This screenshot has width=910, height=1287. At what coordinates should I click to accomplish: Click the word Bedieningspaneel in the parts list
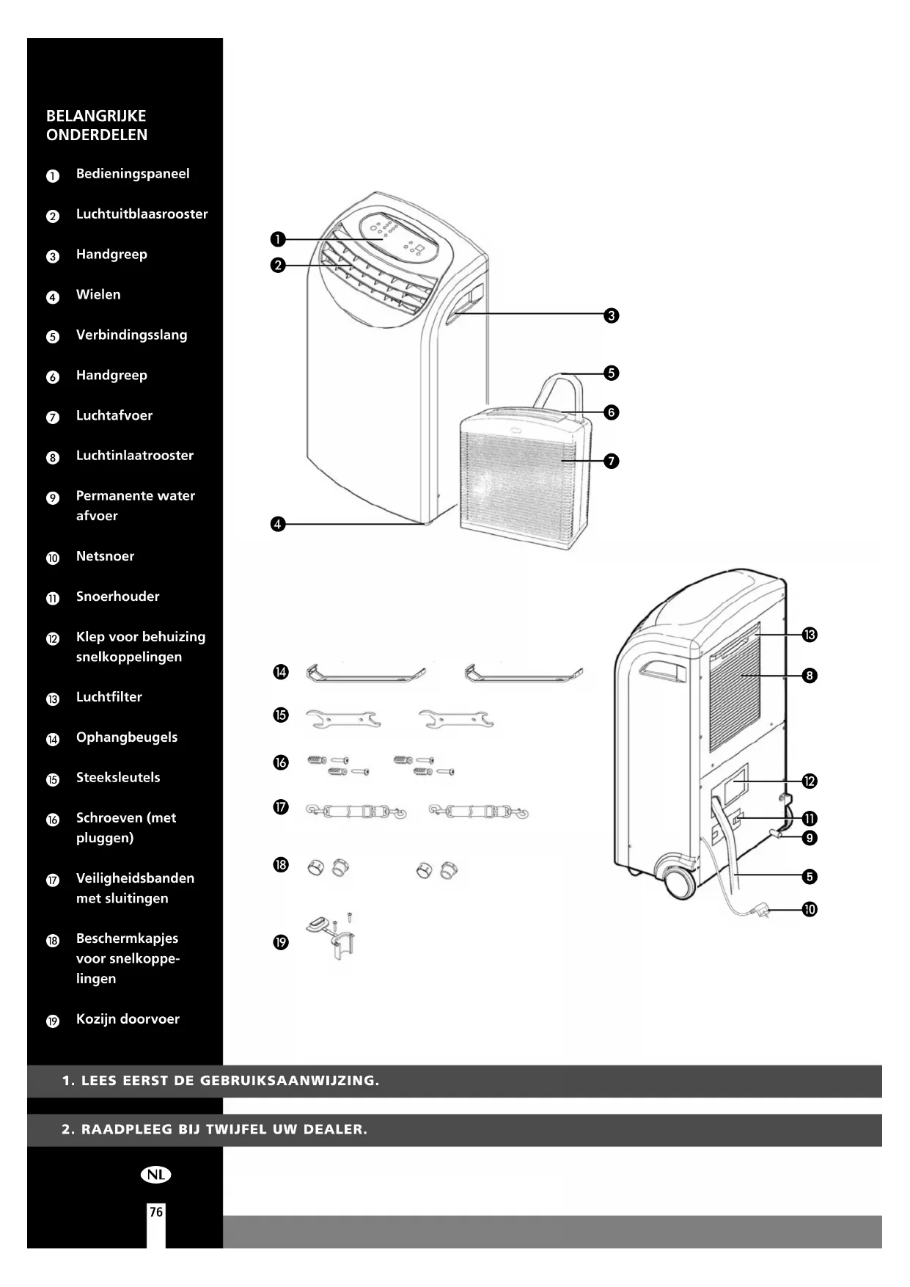(132, 174)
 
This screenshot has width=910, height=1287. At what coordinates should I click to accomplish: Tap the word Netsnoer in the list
(105, 556)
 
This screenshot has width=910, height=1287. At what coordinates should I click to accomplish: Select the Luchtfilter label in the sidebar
(109, 697)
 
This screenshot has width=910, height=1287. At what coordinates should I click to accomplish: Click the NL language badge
(155, 1175)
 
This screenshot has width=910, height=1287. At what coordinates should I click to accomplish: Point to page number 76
(156, 1211)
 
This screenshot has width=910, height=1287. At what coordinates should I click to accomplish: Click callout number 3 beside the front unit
(612, 316)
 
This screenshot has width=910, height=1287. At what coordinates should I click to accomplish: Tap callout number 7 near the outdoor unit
(612, 461)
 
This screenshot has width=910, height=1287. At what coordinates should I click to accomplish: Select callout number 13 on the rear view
(810, 635)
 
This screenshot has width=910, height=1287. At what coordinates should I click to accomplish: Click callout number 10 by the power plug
(810, 910)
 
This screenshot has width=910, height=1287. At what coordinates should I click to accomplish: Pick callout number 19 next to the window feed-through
(281, 942)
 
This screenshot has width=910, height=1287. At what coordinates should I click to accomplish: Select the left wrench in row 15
(342, 719)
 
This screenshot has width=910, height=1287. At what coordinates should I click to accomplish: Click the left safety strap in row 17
(356, 812)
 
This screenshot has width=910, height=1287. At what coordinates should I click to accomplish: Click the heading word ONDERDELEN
(97, 135)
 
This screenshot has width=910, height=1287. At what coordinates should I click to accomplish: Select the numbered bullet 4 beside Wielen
(53, 297)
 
